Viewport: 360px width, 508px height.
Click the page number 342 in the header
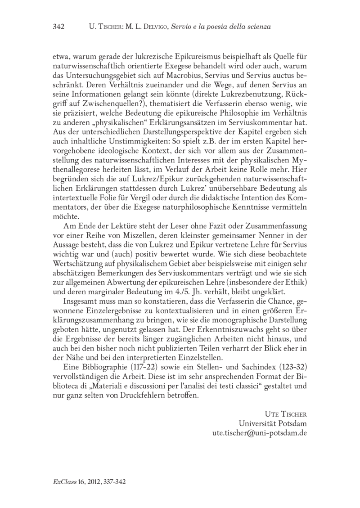(59, 27)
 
